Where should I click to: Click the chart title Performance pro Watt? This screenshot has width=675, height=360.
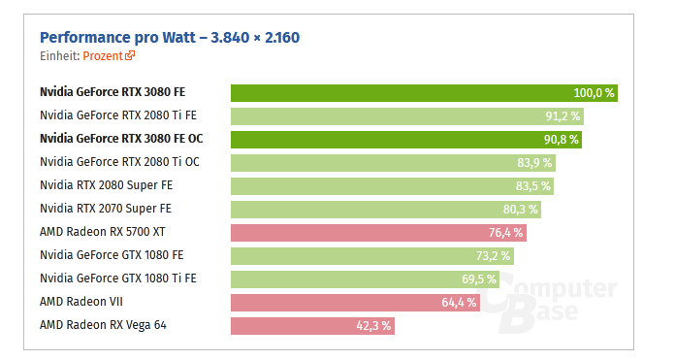point(170,38)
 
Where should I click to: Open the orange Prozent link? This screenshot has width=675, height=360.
point(103,56)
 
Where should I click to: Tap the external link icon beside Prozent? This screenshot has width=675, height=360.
point(131,56)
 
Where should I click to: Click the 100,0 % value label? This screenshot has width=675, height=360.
point(594,93)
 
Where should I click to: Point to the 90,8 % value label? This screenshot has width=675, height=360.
point(560,140)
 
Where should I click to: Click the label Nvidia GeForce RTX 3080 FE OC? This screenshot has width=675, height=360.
point(120,139)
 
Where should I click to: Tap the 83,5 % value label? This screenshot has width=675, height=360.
point(532,186)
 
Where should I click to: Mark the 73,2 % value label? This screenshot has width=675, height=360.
point(494,256)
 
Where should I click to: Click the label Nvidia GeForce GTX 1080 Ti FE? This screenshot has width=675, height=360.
point(117,278)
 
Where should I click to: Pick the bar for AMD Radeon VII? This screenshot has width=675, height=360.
point(344,302)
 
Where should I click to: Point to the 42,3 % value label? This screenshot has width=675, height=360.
point(373,326)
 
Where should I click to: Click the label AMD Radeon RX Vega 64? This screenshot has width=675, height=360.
point(103,325)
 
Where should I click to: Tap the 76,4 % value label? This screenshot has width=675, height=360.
point(505,233)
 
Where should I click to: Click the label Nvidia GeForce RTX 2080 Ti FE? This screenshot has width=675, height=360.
point(117,115)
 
